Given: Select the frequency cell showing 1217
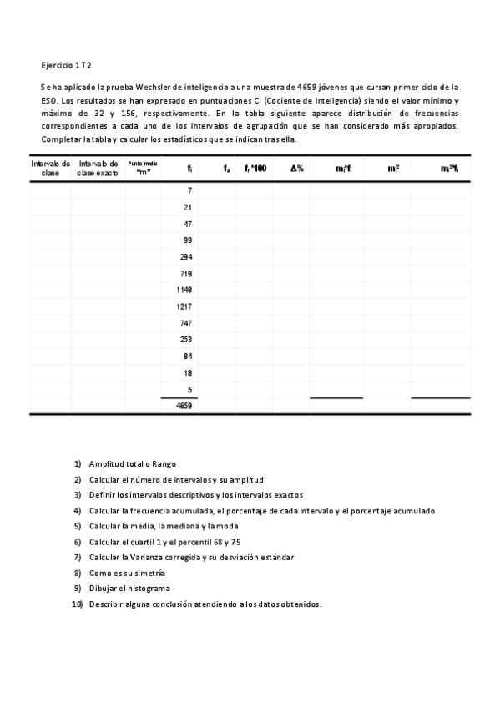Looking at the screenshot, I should coord(184,306).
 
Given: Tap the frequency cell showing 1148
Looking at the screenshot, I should coord(184,290).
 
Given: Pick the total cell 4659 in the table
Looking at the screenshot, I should coord(184,407).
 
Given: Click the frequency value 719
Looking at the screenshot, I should coord(186,273).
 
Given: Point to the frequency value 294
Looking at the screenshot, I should coord(186,256).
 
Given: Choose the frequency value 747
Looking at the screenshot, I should coord(186,322).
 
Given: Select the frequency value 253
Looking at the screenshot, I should coord(186,339).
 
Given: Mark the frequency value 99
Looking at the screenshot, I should coord(188,240).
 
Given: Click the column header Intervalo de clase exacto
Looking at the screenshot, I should coord(98,169).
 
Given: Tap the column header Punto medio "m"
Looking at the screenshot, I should coord(143,169).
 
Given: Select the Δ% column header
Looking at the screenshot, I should coord(296,169).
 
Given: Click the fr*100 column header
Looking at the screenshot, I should coord(255,169).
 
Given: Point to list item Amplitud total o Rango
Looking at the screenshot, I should coord(133,464).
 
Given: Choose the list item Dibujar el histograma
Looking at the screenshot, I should coord(129,588).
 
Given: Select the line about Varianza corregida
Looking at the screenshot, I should coord(191,557).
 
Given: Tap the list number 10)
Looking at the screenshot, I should coord(77,604).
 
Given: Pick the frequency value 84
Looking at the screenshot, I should coord(188,356).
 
